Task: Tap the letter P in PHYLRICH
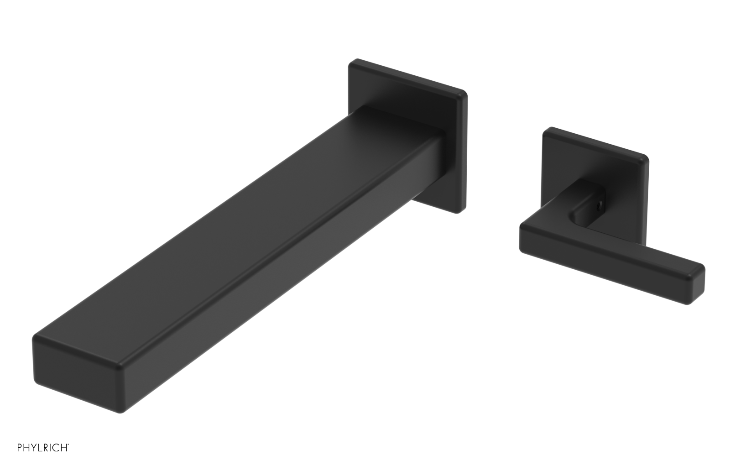[20, 448]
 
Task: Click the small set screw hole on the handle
[601, 205]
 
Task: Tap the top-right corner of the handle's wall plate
[645, 159]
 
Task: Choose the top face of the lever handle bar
[611, 242]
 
